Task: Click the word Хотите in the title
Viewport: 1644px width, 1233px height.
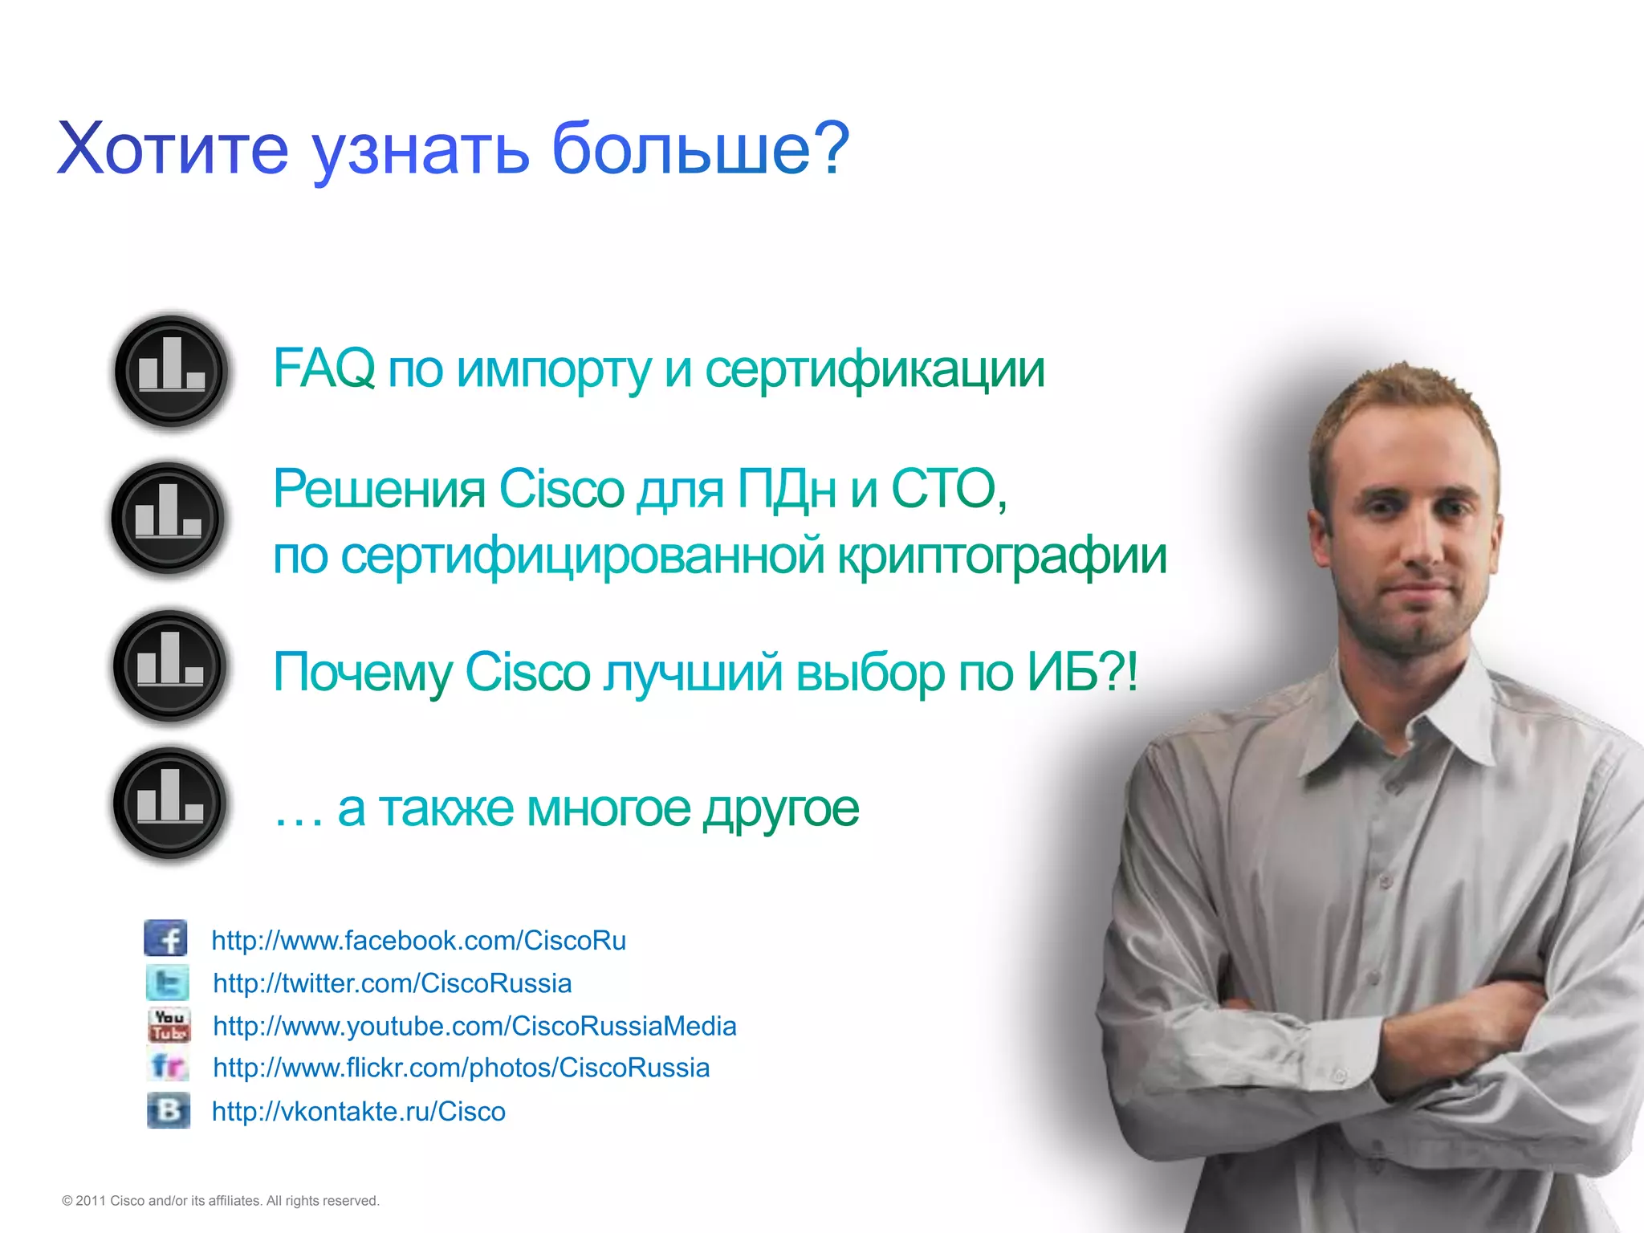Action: (x=173, y=149)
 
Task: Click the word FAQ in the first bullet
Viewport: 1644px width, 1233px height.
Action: (x=324, y=368)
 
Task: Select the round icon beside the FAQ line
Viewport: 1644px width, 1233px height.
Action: (x=171, y=372)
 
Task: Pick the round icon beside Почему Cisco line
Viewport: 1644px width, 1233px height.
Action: (x=169, y=666)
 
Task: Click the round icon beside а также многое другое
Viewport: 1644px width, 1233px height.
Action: (x=169, y=804)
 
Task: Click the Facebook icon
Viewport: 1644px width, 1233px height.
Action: (x=166, y=938)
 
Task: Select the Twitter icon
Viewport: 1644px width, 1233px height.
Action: (x=168, y=983)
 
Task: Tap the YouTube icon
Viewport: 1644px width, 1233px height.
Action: (x=169, y=1025)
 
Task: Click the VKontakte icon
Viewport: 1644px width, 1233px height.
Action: (x=169, y=1110)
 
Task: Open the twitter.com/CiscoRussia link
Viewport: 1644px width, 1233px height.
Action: (x=392, y=983)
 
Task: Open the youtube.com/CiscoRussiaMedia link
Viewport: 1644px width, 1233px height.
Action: (x=474, y=1026)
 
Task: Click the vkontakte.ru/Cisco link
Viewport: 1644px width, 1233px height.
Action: (x=358, y=1112)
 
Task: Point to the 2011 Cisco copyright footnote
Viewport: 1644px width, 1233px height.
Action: (x=220, y=1201)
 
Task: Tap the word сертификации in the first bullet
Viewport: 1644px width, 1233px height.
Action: (x=874, y=368)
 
